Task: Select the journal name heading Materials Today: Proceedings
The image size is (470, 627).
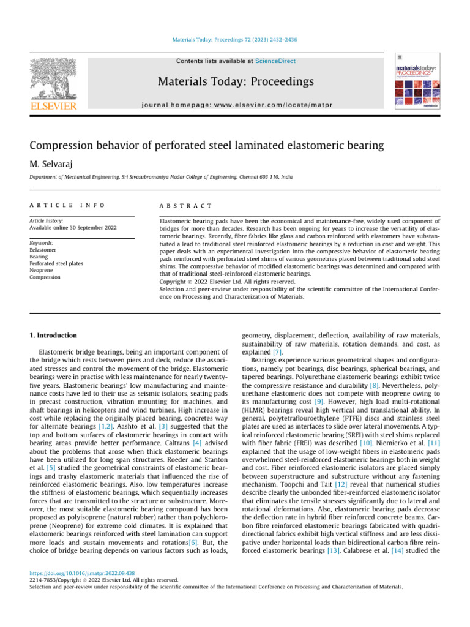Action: tap(236, 82)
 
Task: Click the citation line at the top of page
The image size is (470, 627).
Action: tap(235, 41)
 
